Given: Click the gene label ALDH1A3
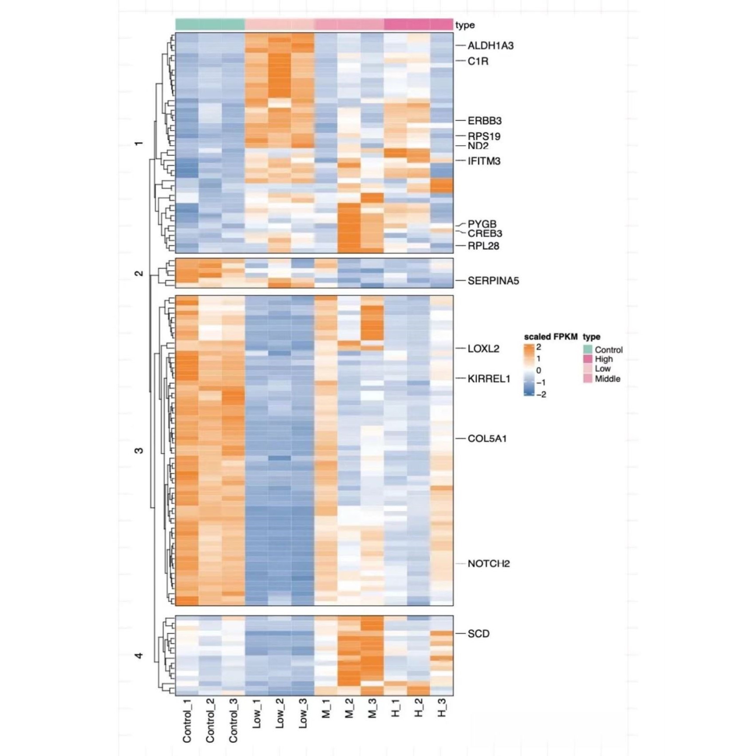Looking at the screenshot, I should tap(490, 46).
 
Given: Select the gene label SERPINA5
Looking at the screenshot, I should tap(493, 281).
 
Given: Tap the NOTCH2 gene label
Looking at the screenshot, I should tap(488, 563).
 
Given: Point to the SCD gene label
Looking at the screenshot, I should tap(479, 633).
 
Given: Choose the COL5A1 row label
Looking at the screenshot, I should tap(487, 439).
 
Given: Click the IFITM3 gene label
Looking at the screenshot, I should tap(484, 161).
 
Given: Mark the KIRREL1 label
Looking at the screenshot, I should tap(489, 379).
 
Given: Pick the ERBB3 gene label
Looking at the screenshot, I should tap(484, 121).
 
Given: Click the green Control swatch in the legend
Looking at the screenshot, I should tap(588, 349).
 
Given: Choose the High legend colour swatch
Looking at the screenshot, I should tap(588, 359).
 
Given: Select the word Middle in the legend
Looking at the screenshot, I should tap(607, 379).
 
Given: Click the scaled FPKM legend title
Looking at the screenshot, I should tap(550, 337).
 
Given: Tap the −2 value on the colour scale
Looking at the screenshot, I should tap(541, 394).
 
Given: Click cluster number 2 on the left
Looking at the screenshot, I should tap(139, 273).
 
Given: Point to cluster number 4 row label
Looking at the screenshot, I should tap(139, 655).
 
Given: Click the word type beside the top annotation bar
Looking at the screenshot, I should tap(465, 25).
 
